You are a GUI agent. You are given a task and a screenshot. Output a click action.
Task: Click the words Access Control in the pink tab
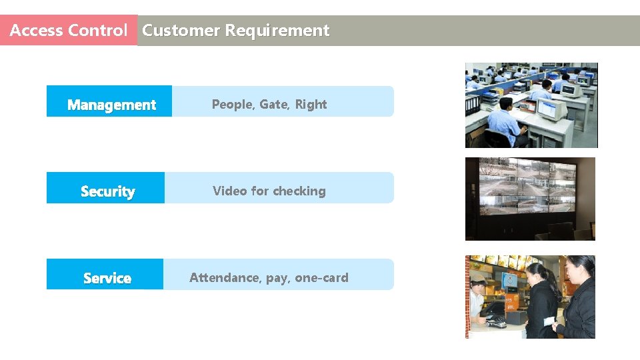tap(68, 31)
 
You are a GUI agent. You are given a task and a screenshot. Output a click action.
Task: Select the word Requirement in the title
tap(277, 31)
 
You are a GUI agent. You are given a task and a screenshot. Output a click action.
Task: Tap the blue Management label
tap(111, 105)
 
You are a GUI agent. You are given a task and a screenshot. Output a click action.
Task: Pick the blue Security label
tap(107, 191)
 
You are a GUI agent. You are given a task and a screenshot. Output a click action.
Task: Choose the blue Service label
tap(107, 278)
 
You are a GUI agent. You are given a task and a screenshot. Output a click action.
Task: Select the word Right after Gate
tap(311, 104)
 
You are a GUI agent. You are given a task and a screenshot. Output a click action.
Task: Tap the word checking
tap(299, 191)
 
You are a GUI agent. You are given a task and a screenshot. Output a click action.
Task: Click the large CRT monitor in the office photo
tap(551, 110)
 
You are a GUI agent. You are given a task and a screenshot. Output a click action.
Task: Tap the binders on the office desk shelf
tap(473, 104)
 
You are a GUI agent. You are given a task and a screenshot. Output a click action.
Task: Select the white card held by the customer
tap(549, 321)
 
